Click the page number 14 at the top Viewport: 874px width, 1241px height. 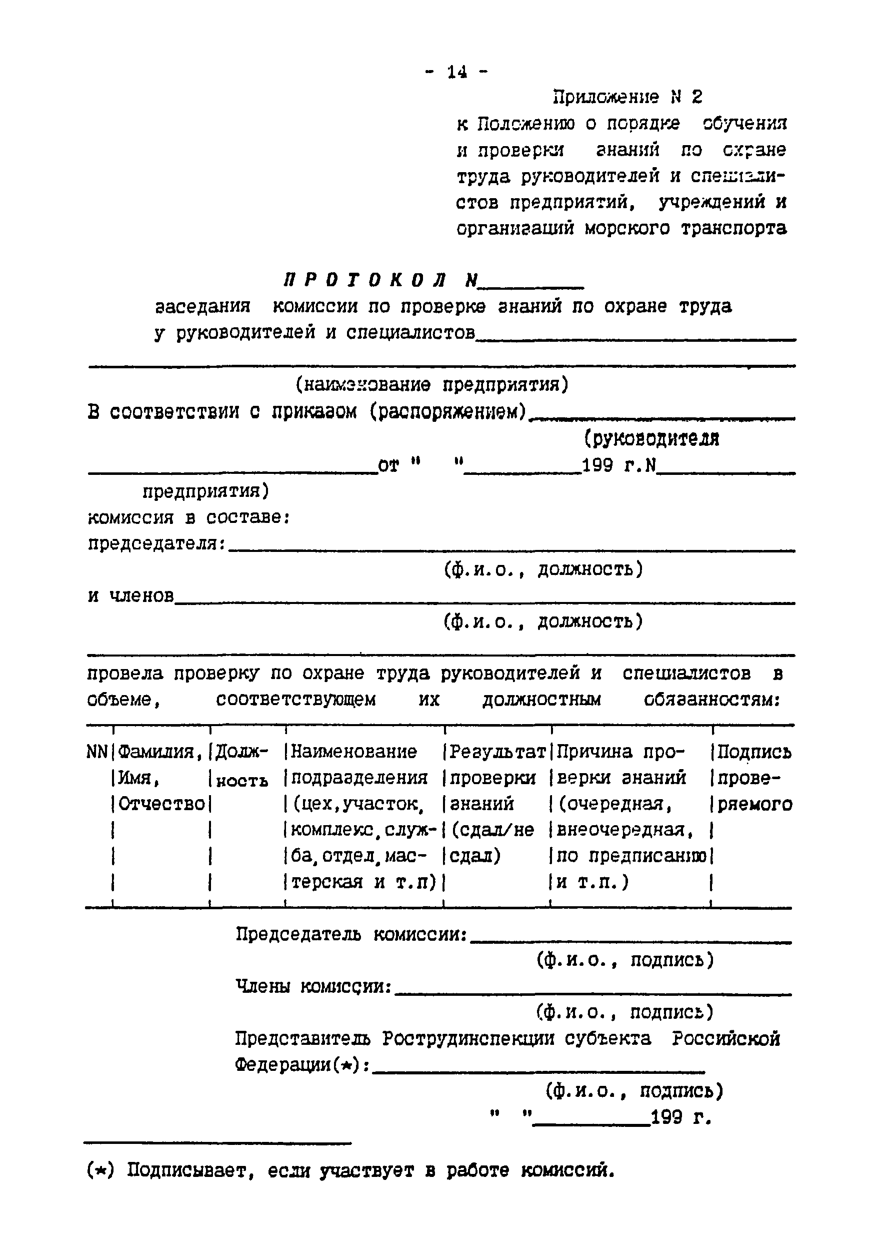coord(457,72)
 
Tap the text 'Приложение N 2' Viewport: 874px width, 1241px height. coord(627,97)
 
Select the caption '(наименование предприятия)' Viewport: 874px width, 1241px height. coord(432,384)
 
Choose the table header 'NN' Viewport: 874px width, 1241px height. coord(97,752)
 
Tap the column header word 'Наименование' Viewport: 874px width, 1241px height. coord(354,752)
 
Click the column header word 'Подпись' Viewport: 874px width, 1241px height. coord(754,752)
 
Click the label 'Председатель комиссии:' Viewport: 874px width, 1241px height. coord(351,935)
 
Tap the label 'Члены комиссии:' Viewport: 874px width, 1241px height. coord(314,987)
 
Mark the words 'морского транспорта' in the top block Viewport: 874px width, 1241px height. coord(685,229)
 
